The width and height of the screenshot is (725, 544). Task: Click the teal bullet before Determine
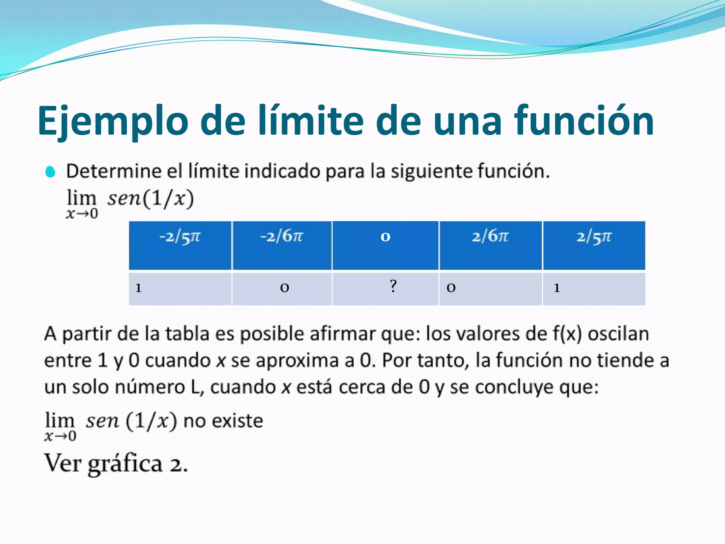(x=50, y=172)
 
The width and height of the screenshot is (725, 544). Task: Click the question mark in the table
(x=393, y=286)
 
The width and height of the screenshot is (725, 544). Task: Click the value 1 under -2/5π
(x=138, y=288)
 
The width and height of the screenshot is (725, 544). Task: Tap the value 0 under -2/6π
(x=285, y=288)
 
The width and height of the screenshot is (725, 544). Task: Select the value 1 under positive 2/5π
(x=557, y=288)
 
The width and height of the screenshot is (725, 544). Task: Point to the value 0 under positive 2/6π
(x=451, y=288)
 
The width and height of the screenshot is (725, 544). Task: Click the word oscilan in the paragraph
(x=618, y=334)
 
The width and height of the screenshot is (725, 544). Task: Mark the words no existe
(x=223, y=421)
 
